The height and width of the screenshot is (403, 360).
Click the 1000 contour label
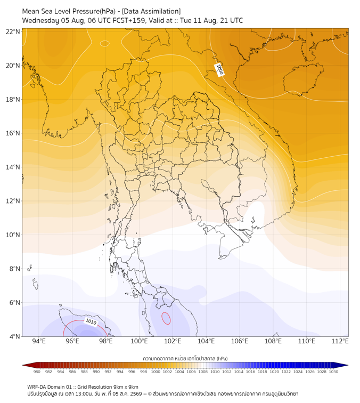[219, 70]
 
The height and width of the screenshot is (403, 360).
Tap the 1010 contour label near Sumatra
[91, 322]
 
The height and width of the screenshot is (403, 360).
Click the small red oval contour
[166, 318]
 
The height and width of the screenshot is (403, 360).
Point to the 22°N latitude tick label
[13, 32]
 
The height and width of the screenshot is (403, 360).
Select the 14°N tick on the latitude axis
[13, 167]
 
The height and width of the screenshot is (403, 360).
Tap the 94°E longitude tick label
[39, 341]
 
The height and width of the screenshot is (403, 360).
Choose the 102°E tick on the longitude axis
[173, 341]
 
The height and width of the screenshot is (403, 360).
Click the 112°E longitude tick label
[340, 341]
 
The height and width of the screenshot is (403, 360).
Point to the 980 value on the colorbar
[37, 372]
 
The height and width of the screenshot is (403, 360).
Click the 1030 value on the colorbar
[333, 372]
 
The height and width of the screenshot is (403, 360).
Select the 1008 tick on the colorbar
[203, 372]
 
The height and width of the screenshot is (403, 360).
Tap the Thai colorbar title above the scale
[185, 358]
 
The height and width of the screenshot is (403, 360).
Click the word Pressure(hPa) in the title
[94, 11]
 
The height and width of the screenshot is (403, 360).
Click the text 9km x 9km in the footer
[126, 387]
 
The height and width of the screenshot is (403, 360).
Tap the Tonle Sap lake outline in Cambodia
[209, 187]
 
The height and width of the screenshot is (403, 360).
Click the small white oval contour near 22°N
[104, 43]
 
